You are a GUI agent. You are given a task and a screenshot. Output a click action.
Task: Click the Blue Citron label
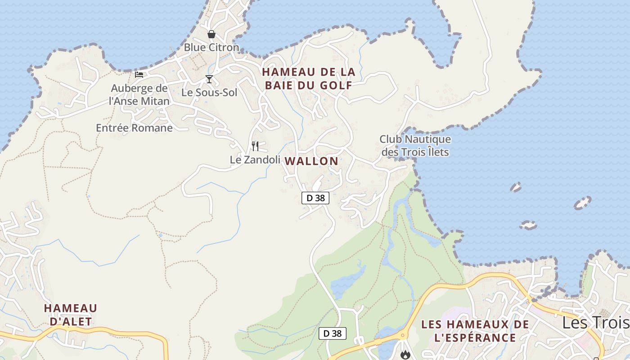click(x=211, y=47)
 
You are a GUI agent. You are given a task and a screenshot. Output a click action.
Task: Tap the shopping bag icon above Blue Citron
click(x=211, y=34)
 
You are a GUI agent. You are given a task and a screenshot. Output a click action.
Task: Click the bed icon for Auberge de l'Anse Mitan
click(x=139, y=75)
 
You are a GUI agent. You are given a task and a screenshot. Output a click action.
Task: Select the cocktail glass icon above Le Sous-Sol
click(x=209, y=80)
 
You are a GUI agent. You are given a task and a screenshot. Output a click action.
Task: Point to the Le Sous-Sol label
click(x=209, y=93)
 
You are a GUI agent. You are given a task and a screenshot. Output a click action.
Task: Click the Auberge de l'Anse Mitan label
click(x=139, y=94)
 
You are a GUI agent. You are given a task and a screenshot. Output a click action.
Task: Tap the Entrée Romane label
click(x=134, y=128)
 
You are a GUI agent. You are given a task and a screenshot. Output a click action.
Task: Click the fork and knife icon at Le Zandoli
click(x=255, y=146)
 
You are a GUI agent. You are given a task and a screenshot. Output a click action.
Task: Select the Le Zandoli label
click(x=255, y=160)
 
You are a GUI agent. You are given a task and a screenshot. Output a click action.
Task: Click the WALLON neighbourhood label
click(x=311, y=161)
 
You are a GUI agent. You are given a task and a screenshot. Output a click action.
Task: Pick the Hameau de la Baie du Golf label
click(x=309, y=79)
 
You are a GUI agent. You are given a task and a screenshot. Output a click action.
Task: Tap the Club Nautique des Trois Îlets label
click(x=415, y=145)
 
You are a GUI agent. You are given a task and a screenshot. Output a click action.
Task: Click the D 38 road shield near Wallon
click(x=315, y=198)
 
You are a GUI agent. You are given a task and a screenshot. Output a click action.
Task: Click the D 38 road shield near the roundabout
click(x=333, y=333)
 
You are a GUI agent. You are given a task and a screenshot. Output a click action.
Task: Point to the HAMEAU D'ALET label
click(x=70, y=315)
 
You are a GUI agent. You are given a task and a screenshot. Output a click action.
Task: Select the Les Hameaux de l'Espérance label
click(x=475, y=331)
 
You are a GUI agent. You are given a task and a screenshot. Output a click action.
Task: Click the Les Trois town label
click(x=595, y=323)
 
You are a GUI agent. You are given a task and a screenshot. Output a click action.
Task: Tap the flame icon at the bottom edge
click(x=405, y=355)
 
